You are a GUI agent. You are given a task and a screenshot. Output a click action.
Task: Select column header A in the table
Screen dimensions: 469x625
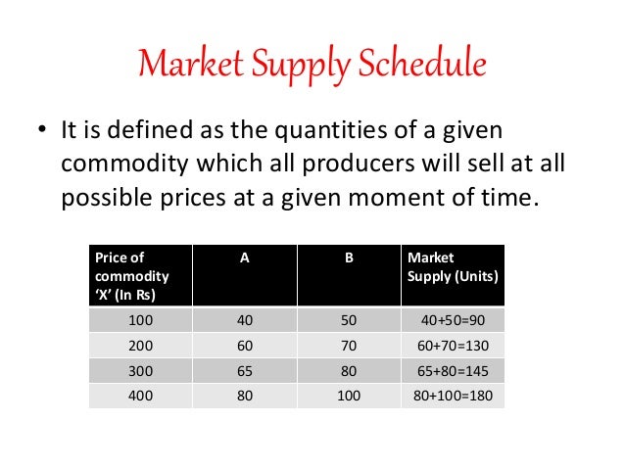point(244,258)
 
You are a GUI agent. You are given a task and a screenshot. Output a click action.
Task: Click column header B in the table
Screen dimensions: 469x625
point(349,258)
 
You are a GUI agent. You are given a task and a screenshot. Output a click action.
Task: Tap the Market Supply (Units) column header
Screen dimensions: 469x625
point(452,266)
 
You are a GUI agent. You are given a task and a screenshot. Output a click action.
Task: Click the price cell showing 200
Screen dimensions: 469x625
point(140,346)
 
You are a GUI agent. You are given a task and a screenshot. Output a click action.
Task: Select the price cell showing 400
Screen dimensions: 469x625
point(140,397)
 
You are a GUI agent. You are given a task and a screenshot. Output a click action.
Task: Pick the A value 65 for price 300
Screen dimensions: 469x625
point(244,371)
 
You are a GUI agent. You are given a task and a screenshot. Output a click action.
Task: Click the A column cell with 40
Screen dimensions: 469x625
point(244,320)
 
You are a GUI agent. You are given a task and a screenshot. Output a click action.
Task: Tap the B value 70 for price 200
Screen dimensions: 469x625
point(349,346)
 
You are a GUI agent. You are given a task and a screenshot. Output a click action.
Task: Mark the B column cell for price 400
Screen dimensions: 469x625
point(349,397)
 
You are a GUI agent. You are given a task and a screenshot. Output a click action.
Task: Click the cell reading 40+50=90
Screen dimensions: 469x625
point(452,320)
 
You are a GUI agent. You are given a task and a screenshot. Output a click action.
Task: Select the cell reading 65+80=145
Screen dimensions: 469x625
point(452,371)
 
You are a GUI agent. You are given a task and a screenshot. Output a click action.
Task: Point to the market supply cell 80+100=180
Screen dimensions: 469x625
point(452,397)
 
